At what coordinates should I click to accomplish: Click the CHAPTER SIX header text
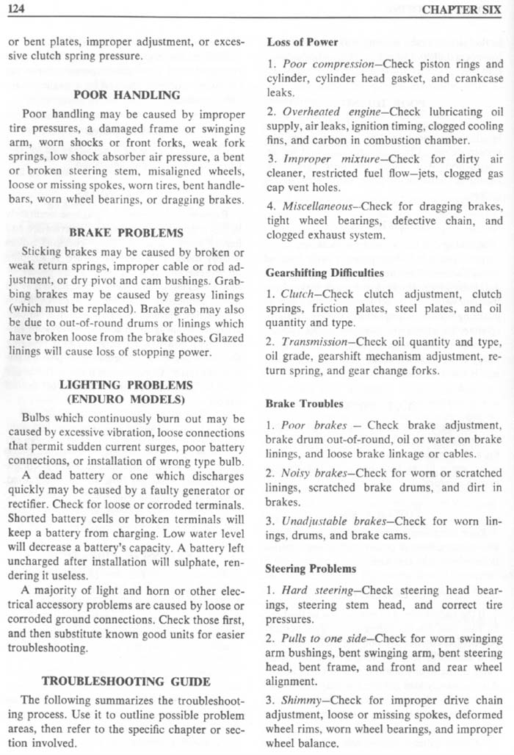pos(467,10)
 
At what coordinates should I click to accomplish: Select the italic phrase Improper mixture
pos(319,158)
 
